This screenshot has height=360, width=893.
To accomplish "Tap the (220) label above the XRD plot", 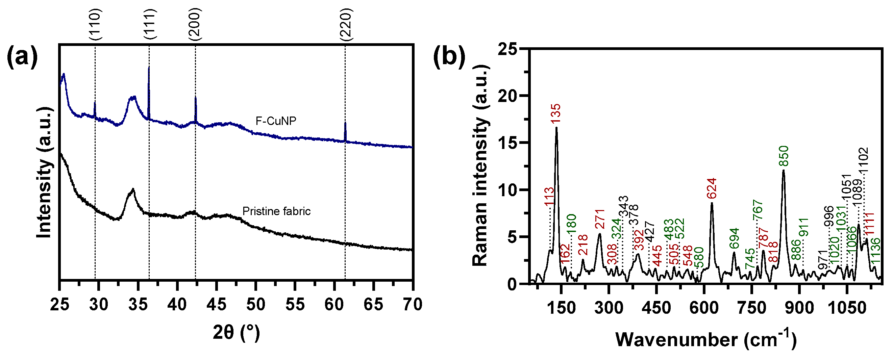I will click(x=346, y=24).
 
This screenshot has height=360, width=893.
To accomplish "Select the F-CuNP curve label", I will click(x=276, y=121).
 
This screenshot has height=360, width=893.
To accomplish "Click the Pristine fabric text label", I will click(x=276, y=211).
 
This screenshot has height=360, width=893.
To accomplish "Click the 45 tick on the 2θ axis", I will click(x=216, y=305).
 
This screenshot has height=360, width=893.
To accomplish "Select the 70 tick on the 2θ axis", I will click(x=413, y=305).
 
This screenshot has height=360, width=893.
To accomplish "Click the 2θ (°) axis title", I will click(x=237, y=333).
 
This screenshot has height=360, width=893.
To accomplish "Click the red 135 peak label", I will click(x=556, y=113).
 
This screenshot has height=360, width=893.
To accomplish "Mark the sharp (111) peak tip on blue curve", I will click(x=149, y=67).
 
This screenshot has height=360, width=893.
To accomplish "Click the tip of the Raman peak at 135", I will click(x=556, y=128).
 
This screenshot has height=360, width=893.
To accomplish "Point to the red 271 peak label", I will click(x=599, y=219).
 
